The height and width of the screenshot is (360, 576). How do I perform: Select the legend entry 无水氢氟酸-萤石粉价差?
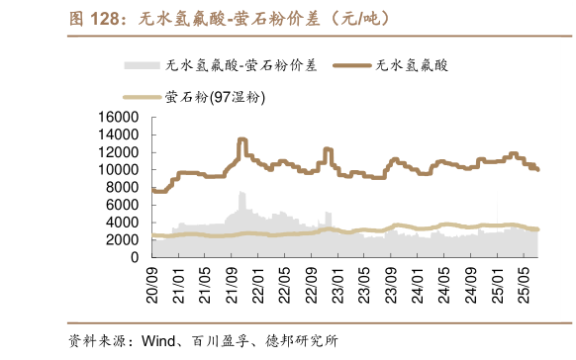[241, 66]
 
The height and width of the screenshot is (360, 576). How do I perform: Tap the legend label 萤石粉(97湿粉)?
[214, 97]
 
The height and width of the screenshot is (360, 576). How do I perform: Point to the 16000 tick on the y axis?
[118, 118]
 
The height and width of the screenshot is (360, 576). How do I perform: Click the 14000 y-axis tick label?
[118, 135]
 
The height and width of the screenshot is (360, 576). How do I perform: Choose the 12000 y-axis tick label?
[118, 152]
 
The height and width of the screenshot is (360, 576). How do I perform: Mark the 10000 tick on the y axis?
[118, 170]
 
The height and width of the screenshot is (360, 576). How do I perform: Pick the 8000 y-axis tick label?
[123, 187]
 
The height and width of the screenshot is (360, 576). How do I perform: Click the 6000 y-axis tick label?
[123, 205]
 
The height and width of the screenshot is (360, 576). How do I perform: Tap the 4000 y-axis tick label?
[123, 223]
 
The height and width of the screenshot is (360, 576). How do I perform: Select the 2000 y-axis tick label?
[123, 239]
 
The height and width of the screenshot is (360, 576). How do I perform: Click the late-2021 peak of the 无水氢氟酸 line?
[242, 140]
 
